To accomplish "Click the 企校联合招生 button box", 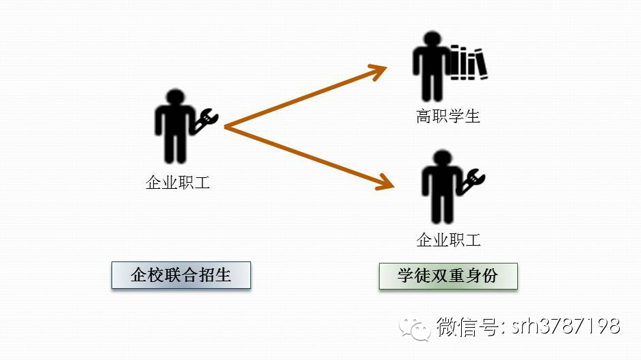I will [x=181, y=276].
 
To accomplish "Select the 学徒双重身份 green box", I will [x=448, y=277].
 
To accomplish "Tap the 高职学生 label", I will [x=448, y=116].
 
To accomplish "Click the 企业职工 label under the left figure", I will [x=178, y=183].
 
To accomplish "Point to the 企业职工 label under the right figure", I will [x=449, y=240].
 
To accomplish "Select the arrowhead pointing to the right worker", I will [x=386, y=183].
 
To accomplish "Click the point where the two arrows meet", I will [x=226, y=127].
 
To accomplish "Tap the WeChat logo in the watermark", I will [x=417, y=326].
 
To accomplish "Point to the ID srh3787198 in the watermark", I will [x=567, y=326].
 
